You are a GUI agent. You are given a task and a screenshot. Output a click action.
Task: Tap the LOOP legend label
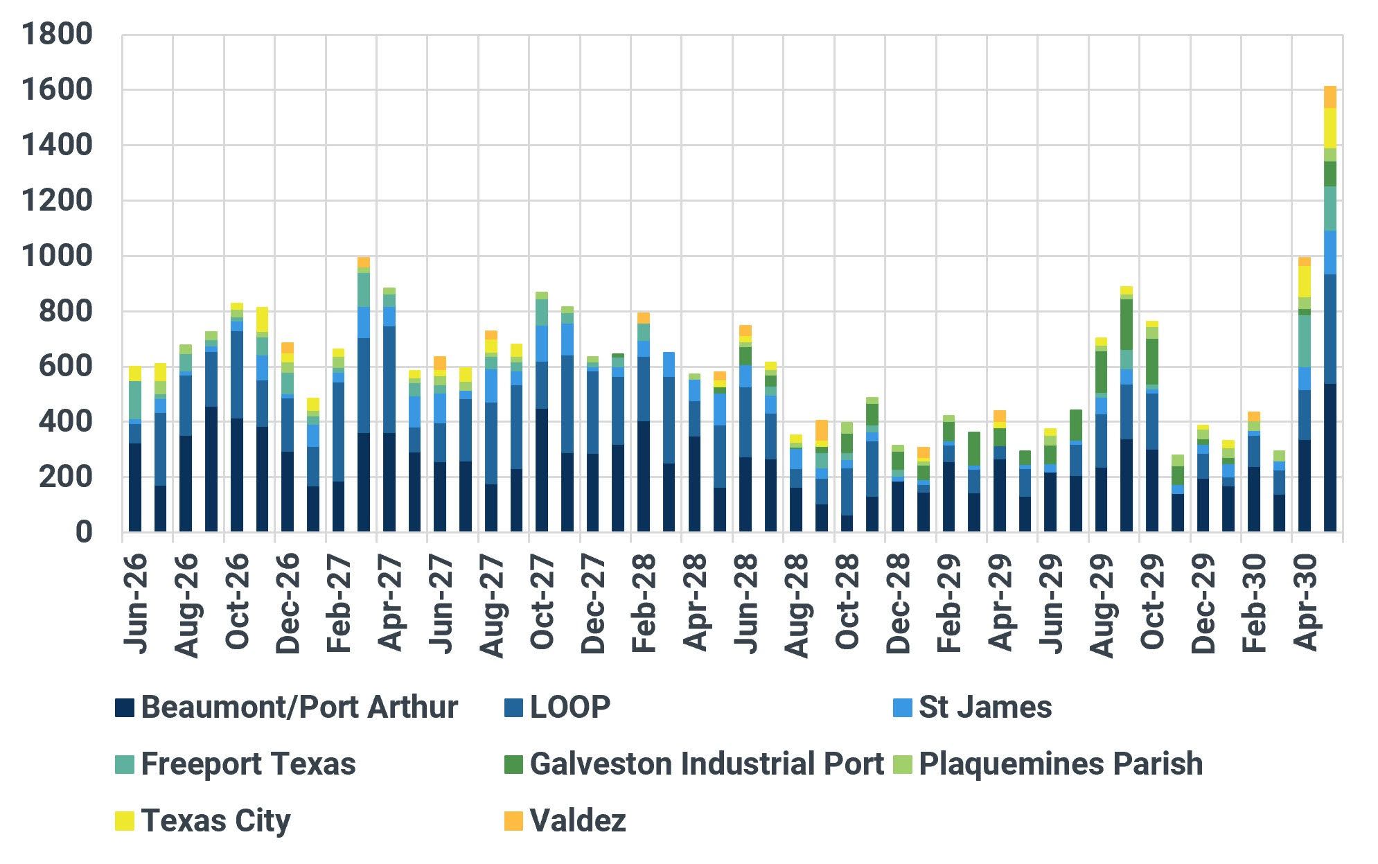point(570,707)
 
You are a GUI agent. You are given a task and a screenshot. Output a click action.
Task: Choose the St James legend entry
point(972,707)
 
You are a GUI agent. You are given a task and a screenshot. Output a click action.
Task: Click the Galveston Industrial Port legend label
point(707,764)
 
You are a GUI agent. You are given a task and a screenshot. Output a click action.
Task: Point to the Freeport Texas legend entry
point(236,764)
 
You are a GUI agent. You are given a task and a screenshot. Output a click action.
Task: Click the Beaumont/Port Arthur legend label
point(299,707)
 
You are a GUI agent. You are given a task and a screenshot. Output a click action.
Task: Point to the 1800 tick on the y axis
point(57,35)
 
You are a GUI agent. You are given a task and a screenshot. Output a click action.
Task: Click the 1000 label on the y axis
point(57,256)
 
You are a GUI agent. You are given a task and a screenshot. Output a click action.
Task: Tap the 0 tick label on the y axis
point(84,532)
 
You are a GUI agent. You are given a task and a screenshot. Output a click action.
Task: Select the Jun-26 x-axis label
point(136,603)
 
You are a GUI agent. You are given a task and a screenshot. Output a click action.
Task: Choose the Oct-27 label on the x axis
point(543,602)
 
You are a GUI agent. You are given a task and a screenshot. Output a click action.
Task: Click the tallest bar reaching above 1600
point(1330,309)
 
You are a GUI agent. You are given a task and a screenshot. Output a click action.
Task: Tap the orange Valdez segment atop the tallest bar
point(1330,97)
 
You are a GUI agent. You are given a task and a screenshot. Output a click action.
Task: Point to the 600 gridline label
point(65,367)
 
